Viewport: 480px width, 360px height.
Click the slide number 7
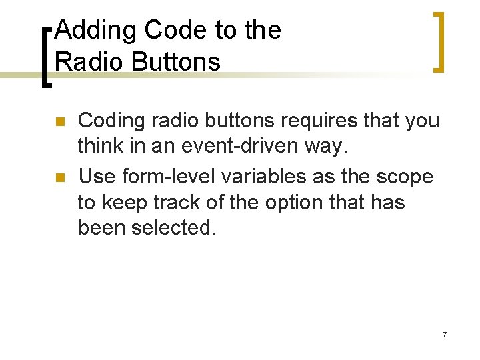click(444, 334)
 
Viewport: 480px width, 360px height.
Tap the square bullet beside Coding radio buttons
click(59, 122)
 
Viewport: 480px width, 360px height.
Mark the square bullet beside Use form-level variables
click(59, 178)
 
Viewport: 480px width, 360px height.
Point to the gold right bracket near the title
click(438, 41)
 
